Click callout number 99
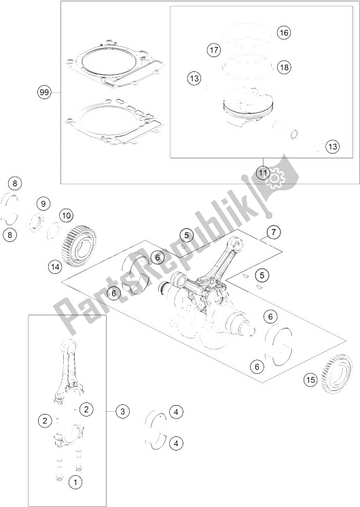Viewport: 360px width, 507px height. [x=46, y=91]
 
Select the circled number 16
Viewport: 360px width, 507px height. [x=283, y=33]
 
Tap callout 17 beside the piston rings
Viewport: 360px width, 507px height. [x=214, y=50]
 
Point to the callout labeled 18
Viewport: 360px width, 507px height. [x=283, y=67]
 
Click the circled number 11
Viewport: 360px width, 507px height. [x=263, y=173]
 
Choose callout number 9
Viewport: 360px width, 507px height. [x=42, y=203]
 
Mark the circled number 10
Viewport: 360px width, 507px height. [x=66, y=215]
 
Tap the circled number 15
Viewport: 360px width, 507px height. [x=310, y=380]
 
